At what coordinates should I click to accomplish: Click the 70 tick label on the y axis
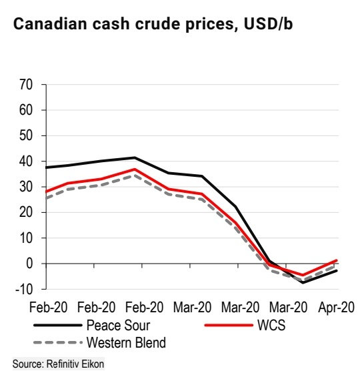[26, 85]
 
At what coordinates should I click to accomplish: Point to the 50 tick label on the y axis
[26, 136]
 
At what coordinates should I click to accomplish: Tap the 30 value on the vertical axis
[26, 187]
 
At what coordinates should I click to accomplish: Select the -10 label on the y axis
[24, 289]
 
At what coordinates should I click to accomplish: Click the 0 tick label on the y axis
[29, 264]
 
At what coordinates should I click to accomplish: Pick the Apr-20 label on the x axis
[336, 308]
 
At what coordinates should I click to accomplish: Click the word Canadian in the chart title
[50, 24]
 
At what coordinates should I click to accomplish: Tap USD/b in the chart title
[268, 24]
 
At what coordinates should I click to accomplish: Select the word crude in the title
[159, 24]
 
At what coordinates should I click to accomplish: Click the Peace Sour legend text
[119, 326]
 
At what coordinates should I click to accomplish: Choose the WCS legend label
[271, 326]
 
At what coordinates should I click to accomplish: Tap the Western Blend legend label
[126, 342]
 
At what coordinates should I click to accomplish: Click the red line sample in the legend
[229, 326]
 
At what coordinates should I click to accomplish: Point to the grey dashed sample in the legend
[58, 342]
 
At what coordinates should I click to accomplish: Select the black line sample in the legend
[58, 326]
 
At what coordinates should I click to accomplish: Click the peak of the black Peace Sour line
[135, 157]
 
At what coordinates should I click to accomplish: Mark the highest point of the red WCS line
[135, 169]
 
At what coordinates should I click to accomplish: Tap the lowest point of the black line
[303, 283]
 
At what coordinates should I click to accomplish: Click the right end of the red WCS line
[337, 260]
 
